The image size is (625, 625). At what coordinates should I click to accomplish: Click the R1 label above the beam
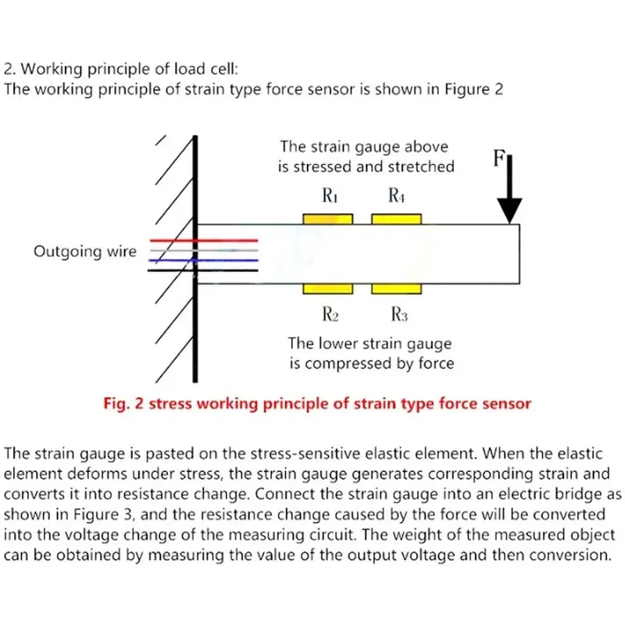(330, 195)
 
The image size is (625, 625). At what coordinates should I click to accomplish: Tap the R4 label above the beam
(397, 195)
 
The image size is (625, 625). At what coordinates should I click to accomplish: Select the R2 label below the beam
(330, 314)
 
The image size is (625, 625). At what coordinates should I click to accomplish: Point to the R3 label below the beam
(399, 314)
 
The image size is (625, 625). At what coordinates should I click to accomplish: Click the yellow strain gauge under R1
(327, 219)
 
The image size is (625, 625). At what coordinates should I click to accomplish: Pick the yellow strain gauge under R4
(397, 219)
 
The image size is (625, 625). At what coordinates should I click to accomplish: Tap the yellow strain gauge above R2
(327, 289)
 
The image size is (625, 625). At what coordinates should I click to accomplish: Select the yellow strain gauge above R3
(397, 289)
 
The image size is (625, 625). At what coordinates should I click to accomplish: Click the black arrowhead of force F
(509, 210)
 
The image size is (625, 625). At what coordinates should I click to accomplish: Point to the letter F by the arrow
(499, 158)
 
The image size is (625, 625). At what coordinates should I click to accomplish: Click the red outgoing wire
(204, 241)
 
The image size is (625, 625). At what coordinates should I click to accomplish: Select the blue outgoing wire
(203, 261)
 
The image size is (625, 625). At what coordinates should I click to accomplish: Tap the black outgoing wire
(203, 270)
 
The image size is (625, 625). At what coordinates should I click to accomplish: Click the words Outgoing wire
(85, 252)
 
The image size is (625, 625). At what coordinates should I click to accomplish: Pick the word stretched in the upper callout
(421, 166)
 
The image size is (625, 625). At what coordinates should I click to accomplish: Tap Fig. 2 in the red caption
(123, 404)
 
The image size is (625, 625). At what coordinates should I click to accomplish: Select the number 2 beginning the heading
(9, 70)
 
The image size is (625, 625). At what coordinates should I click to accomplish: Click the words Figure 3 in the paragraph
(102, 515)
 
